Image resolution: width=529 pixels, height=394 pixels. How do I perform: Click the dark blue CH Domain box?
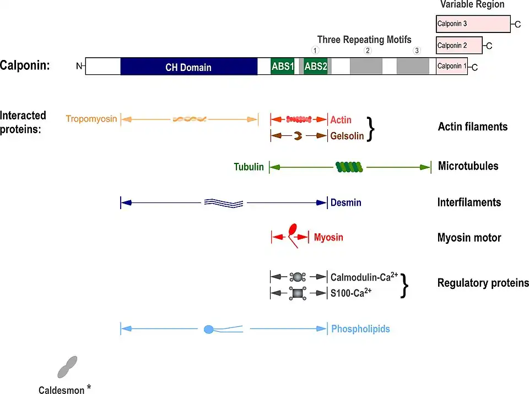coord(188,67)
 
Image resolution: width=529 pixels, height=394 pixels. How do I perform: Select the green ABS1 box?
coord(283,67)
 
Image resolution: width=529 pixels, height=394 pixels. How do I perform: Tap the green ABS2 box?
coord(315,67)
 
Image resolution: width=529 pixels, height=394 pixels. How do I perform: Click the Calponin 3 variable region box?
coord(473,24)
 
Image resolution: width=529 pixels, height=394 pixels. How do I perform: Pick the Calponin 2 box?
coord(459,45)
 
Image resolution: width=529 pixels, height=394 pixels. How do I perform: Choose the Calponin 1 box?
coord(451,67)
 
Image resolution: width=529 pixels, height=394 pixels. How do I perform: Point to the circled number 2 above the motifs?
coord(368,51)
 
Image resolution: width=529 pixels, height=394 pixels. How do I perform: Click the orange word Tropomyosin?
coord(91,119)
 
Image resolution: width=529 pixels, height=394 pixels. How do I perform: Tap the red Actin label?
coord(341,119)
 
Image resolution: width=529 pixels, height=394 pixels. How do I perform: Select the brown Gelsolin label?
coord(347,135)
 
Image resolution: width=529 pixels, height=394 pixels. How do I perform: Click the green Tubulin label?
coord(249,167)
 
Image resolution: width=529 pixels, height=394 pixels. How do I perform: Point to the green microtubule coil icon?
coord(349,167)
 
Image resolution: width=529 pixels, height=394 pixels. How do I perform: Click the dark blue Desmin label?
coord(346,203)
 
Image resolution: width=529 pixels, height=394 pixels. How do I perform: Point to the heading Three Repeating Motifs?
coord(364,40)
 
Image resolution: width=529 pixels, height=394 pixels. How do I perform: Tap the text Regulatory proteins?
coord(483,283)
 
